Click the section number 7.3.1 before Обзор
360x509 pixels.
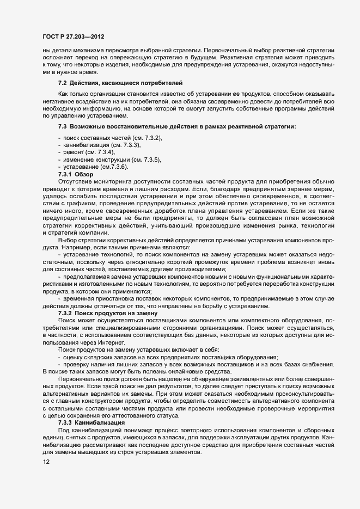coord(65,174)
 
